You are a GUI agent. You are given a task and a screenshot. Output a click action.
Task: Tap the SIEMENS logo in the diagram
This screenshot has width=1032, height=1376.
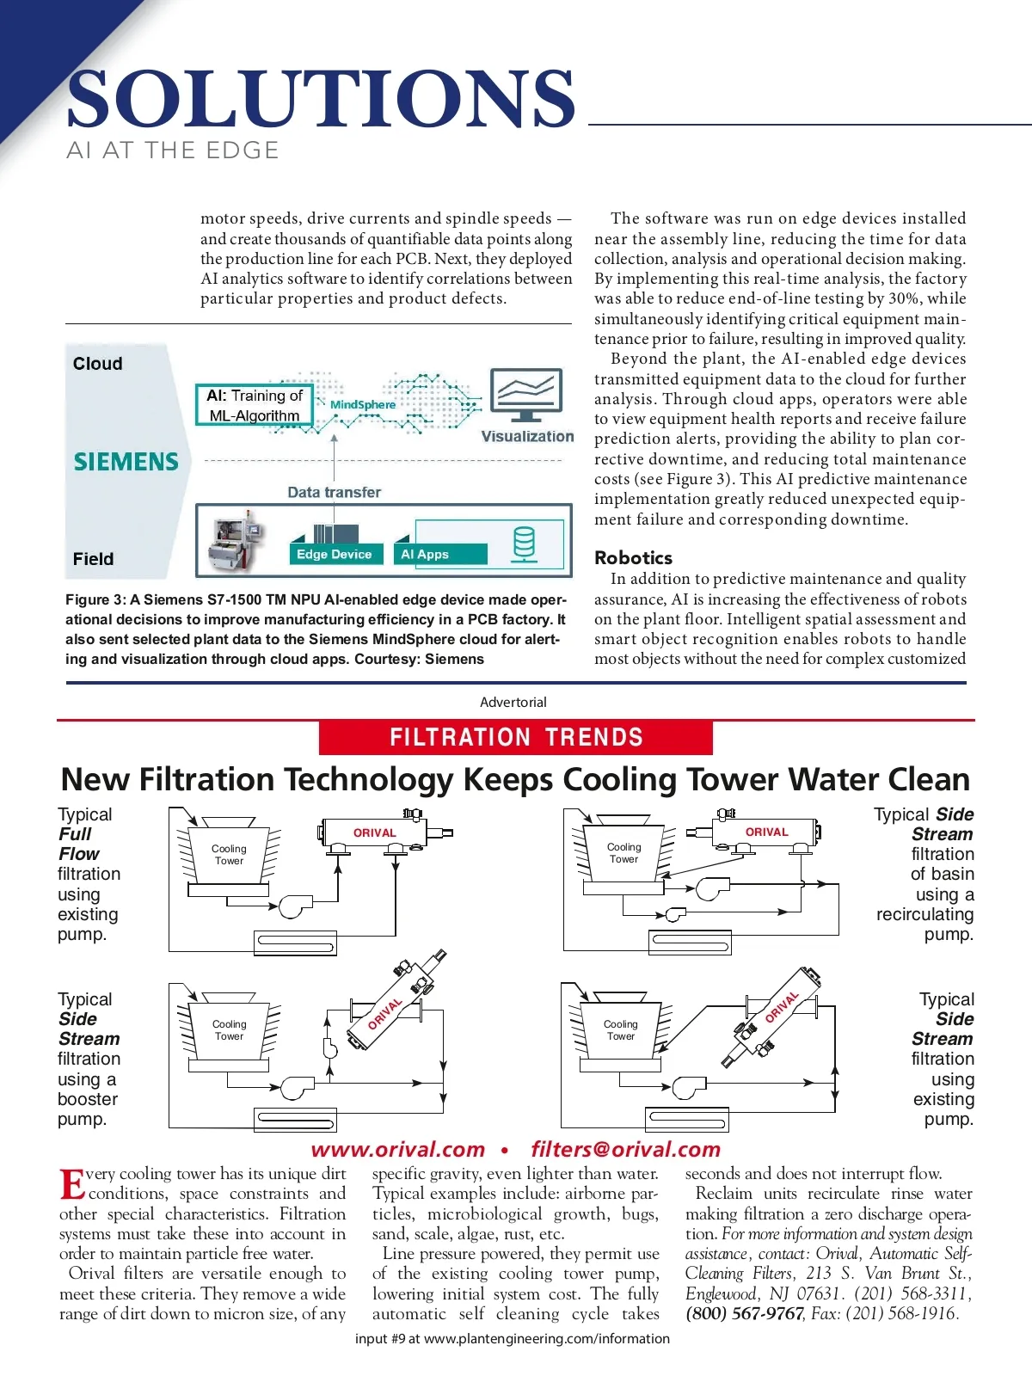click(126, 462)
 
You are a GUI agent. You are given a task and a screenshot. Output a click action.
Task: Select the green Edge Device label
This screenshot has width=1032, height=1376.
click(334, 555)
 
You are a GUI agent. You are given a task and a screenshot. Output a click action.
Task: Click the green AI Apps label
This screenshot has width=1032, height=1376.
click(425, 555)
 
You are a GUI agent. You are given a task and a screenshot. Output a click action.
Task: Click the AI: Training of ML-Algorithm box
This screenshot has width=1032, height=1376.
click(255, 405)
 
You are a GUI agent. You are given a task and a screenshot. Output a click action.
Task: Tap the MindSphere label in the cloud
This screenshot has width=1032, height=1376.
click(363, 404)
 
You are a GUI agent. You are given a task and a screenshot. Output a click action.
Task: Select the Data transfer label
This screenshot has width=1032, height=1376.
click(334, 492)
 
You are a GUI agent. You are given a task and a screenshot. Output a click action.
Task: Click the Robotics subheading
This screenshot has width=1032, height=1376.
click(633, 557)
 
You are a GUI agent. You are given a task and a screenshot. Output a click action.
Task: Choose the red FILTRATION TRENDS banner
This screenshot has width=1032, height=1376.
click(516, 737)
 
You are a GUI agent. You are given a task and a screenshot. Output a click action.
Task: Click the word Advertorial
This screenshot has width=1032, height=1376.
click(513, 702)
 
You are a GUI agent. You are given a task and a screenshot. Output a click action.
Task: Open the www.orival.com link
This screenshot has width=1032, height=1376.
click(398, 1149)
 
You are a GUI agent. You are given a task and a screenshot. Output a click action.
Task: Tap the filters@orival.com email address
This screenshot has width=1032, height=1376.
click(625, 1149)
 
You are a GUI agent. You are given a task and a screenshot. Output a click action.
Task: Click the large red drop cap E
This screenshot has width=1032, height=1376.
click(72, 1183)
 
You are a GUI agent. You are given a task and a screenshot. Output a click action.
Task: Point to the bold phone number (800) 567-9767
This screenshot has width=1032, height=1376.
click(744, 1313)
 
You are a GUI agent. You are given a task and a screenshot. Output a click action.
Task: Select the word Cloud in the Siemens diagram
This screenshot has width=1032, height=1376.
click(97, 364)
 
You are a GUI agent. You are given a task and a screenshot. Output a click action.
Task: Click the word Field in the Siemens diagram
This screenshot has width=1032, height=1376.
click(93, 559)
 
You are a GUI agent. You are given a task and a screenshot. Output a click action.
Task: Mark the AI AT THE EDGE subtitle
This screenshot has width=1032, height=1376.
click(173, 150)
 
